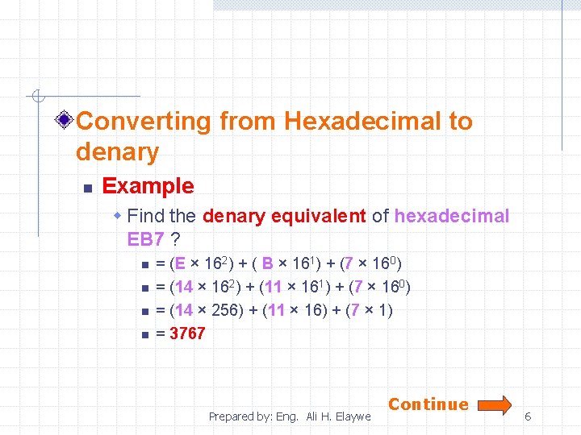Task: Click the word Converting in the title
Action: (144, 122)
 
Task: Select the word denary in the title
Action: (117, 151)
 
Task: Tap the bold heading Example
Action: (148, 186)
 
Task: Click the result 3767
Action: (187, 333)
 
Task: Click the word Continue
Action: (428, 404)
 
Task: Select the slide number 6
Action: (528, 416)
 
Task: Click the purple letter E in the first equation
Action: (179, 263)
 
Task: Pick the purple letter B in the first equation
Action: (268, 263)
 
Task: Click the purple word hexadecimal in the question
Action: (452, 217)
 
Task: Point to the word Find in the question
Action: (146, 217)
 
